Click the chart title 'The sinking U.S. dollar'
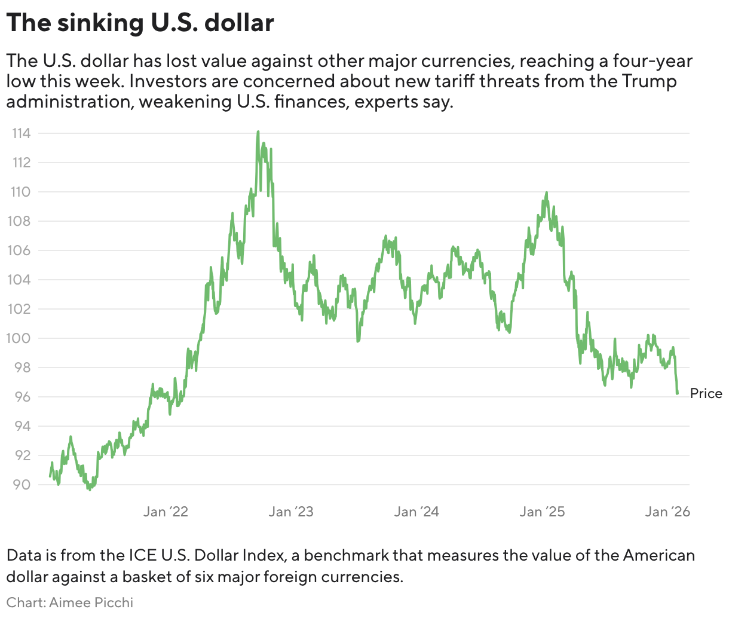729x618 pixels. point(140,23)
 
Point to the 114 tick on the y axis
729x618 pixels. point(22,133)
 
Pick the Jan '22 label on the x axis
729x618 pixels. point(166,512)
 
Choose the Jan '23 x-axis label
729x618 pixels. point(291,512)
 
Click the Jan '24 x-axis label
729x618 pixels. point(416,512)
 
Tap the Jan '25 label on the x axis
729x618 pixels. point(543,512)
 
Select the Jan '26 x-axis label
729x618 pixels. point(668,512)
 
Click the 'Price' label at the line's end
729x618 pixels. point(706,394)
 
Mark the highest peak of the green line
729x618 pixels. point(258,132)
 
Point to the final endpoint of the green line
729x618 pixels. point(677,393)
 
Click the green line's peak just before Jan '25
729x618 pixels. point(546,193)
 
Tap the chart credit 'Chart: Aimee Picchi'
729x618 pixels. point(70,602)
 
